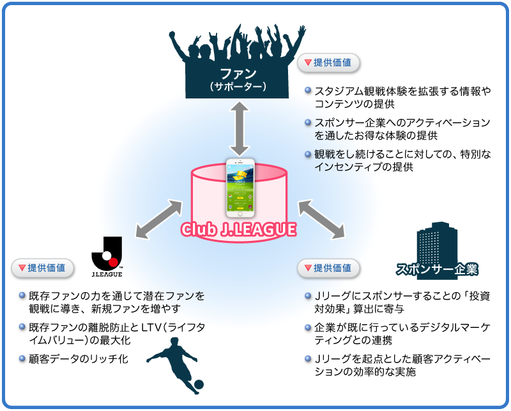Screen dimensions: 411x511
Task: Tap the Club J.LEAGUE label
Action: [x=240, y=229]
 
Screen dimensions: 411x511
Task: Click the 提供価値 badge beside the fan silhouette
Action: [x=328, y=63]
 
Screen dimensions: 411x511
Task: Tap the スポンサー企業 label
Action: [x=437, y=269]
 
